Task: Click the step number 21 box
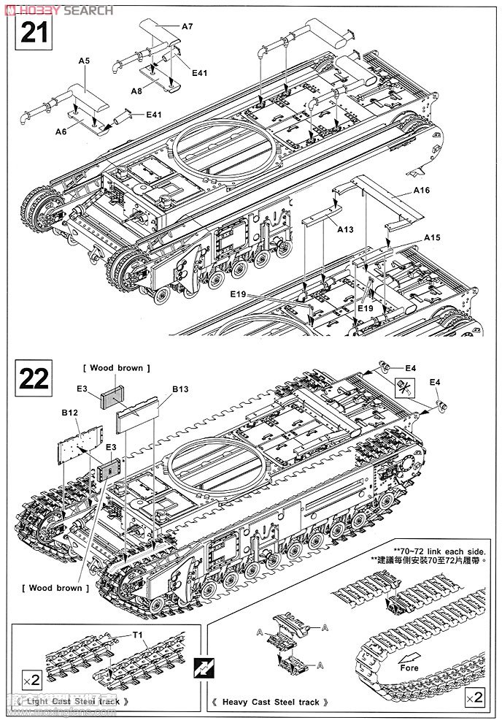[x=34, y=34]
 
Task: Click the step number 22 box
[x=34, y=378]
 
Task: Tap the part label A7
[x=187, y=26]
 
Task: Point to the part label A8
[x=136, y=91]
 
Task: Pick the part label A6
[x=61, y=131]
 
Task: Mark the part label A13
[x=345, y=229]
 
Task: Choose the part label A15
[x=433, y=238]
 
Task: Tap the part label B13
[x=180, y=389]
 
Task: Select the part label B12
[x=69, y=413]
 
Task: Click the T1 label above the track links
[x=137, y=634]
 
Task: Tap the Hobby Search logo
[x=58, y=9]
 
